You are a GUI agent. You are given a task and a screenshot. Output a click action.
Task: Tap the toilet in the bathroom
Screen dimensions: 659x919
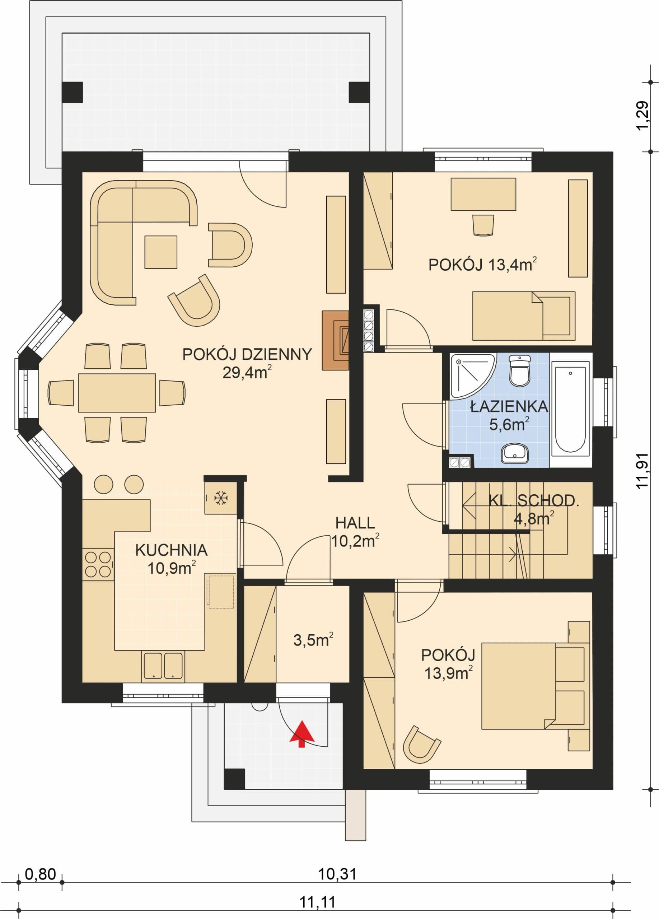pyautogui.click(x=520, y=371)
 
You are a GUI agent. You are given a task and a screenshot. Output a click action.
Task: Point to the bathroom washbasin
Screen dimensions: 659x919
pyautogui.click(x=515, y=453)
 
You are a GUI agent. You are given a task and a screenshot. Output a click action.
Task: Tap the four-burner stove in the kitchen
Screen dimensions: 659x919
pyautogui.click(x=98, y=564)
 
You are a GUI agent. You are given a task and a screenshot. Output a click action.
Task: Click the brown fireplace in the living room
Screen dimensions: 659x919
pyautogui.click(x=335, y=340)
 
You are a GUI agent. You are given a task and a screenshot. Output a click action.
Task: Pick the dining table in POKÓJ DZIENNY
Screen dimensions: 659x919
pyautogui.click(x=117, y=393)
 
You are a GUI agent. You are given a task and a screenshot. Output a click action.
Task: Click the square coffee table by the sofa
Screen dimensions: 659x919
pyautogui.click(x=161, y=252)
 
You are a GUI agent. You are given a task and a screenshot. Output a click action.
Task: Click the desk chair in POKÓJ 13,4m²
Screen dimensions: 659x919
pyautogui.click(x=483, y=225)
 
